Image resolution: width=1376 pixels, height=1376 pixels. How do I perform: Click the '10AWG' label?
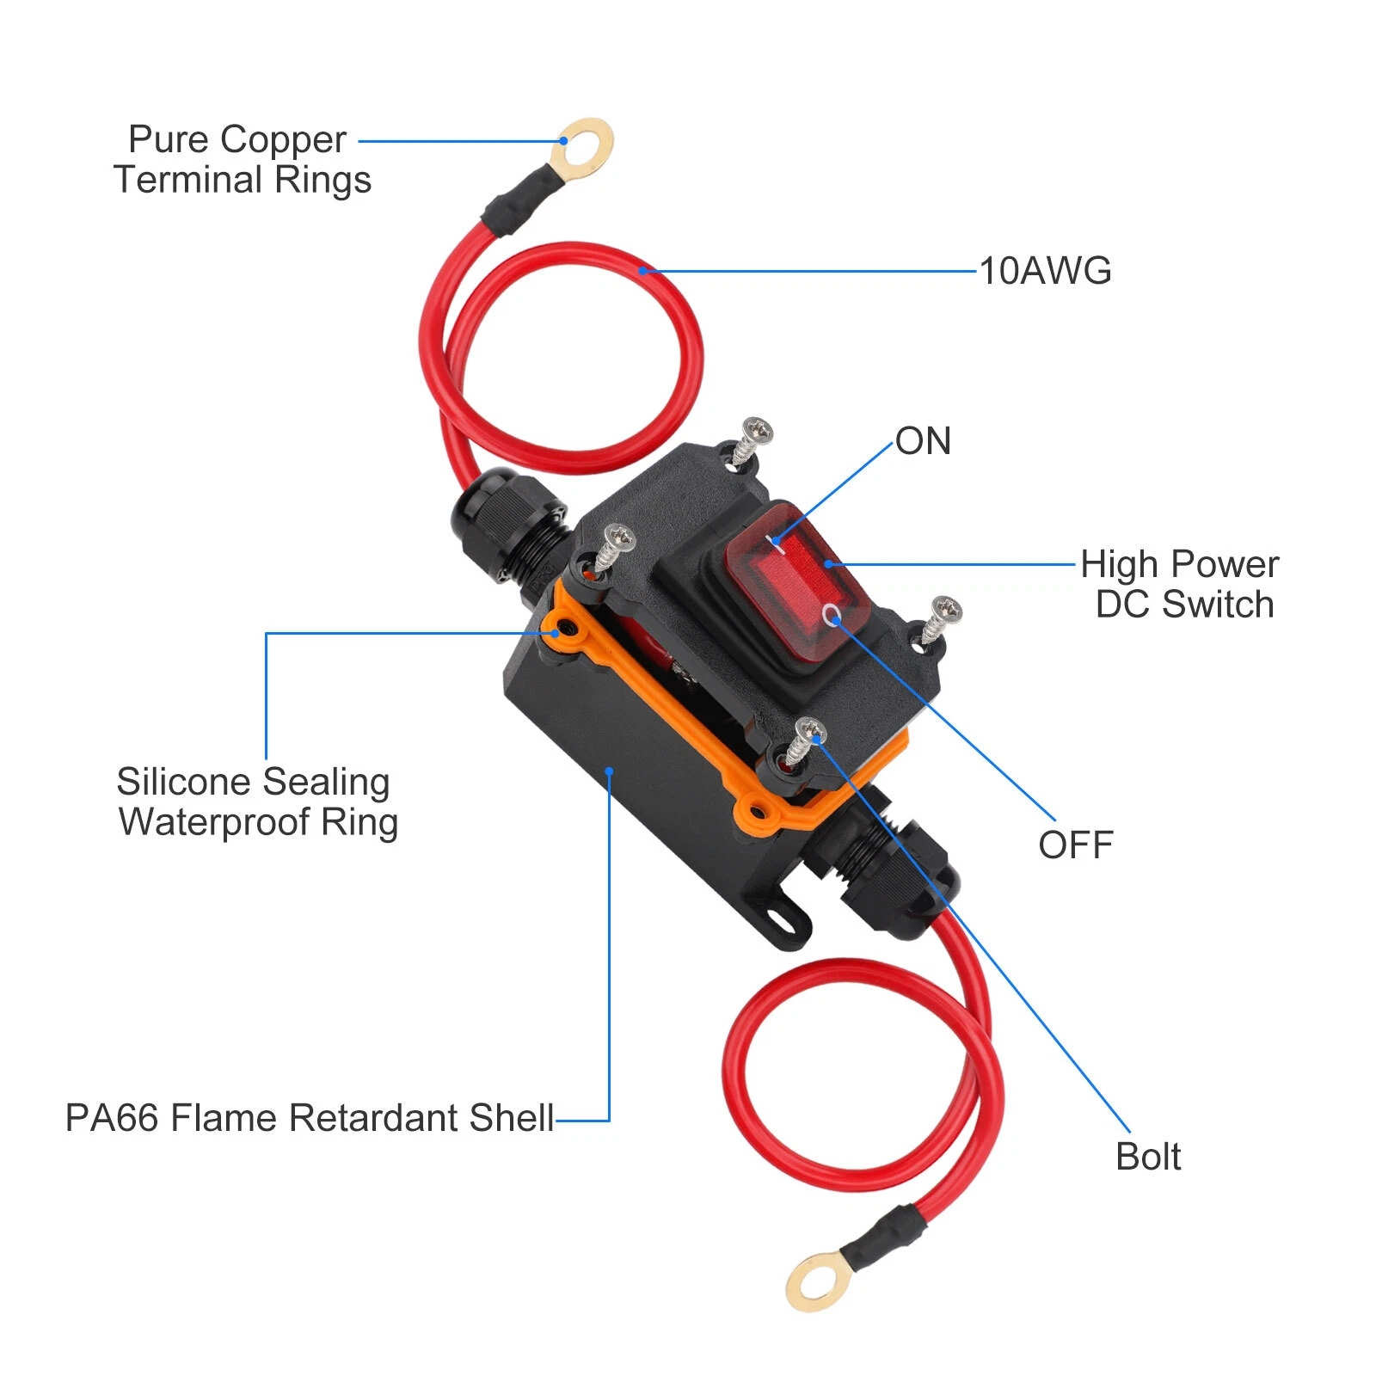tap(1045, 271)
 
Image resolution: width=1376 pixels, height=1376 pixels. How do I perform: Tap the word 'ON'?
tap(923, 441)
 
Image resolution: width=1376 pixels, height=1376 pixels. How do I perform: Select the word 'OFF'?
tap(1075, 845)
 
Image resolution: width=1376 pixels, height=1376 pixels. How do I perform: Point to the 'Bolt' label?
tap(1147, 1157)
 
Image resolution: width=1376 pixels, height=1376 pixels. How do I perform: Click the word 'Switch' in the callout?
tap(1216, 605)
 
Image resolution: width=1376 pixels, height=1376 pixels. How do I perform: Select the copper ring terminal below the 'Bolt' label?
tap(812, 1281)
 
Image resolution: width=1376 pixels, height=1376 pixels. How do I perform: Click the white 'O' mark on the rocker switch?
tap(832, 615)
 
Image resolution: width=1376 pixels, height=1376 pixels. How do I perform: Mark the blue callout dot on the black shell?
tap(609, 771)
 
